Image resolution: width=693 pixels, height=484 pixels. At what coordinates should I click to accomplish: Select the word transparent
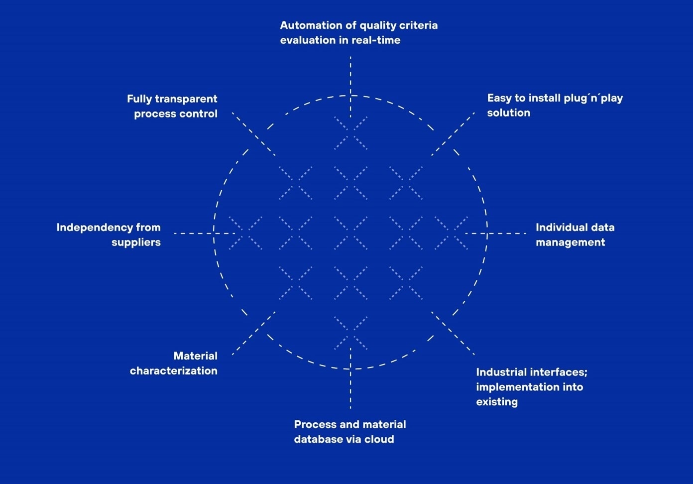[186, 99]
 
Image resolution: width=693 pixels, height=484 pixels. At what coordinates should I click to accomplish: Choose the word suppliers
[136, 242]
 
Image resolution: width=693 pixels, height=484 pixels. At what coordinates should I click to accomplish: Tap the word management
[570, 242]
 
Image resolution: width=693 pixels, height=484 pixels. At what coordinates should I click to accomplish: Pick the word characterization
[174, 371]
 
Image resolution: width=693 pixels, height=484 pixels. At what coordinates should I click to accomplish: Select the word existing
[497, 402]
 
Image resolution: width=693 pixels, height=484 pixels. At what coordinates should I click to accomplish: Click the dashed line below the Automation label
[350, 87]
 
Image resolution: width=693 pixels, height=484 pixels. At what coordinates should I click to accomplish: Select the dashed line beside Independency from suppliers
[205, 234]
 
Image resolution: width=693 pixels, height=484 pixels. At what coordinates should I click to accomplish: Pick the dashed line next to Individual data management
[496, 234]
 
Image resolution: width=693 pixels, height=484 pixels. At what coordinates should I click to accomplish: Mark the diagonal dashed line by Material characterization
[254, 333]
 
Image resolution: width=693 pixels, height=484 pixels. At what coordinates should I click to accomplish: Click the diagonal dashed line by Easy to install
[453, 134]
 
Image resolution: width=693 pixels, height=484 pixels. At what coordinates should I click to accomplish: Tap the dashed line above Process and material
[350, 378]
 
